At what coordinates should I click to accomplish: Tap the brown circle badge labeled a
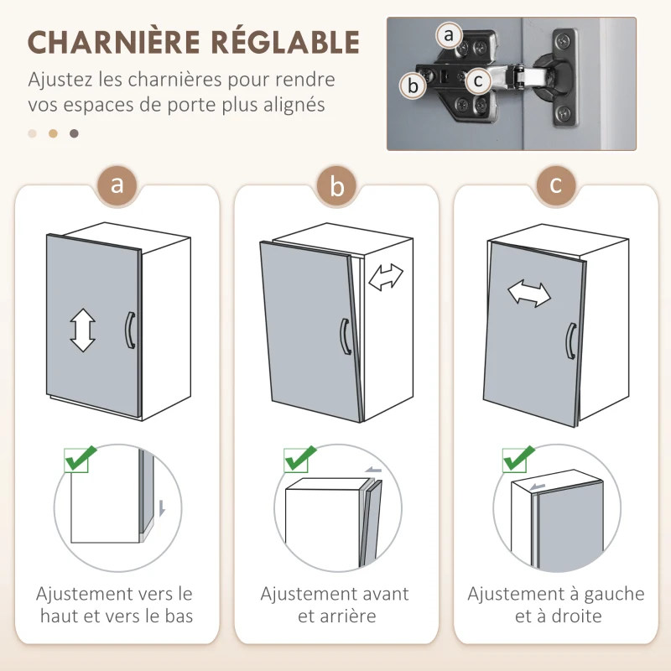[x=117, y=185]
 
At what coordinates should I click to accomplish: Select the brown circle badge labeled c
[x=555, y=185]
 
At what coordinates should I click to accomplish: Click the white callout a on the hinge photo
[x=450, y=35]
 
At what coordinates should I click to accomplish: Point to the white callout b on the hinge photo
[x=412, y=86]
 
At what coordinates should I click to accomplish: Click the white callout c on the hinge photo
[x=478, y=81]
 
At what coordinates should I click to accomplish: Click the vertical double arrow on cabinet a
[x=83, y=330]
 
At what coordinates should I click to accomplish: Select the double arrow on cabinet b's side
[x=386, y=277]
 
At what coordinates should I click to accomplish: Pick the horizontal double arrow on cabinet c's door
[x=529, y=294]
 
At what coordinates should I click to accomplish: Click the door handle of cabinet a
[x=129, y=329]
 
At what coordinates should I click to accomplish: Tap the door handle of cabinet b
[x=345, y=336]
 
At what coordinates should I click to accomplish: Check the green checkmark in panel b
[x=299, y=459]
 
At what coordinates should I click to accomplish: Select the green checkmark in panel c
[x=519, y=459]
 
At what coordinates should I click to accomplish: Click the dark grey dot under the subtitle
[x=75, y=133]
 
